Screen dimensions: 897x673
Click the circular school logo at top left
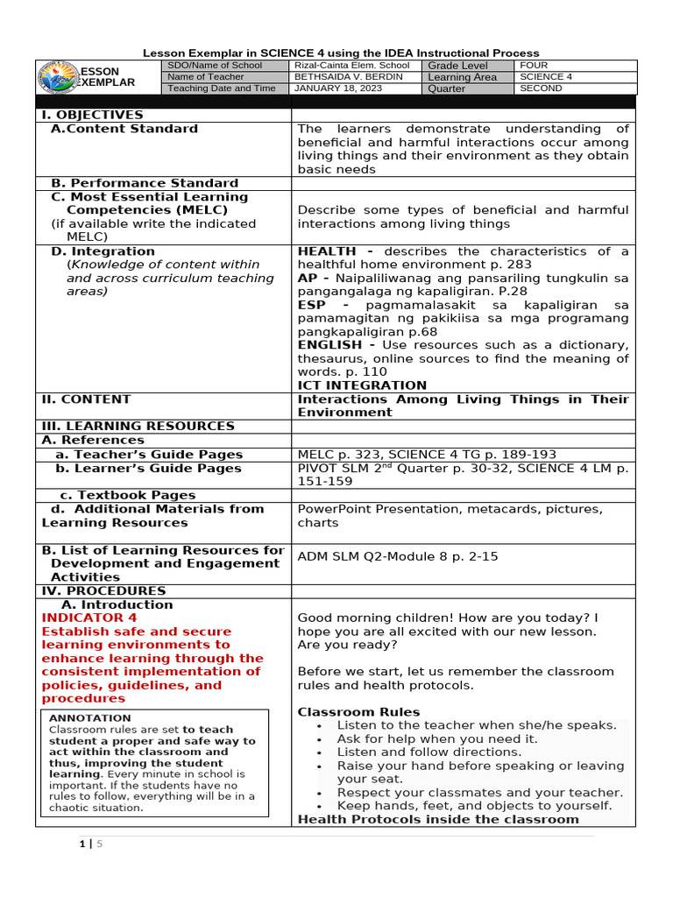(59, 77)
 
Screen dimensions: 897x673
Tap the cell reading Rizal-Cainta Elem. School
(351, 66)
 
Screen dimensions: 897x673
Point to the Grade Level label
(457, 66)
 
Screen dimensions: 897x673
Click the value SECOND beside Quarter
(542, 88)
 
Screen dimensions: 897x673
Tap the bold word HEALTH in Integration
(326, 251)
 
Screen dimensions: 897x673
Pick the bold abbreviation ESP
(312, 305)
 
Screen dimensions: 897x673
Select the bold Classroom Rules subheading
(358, 712)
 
